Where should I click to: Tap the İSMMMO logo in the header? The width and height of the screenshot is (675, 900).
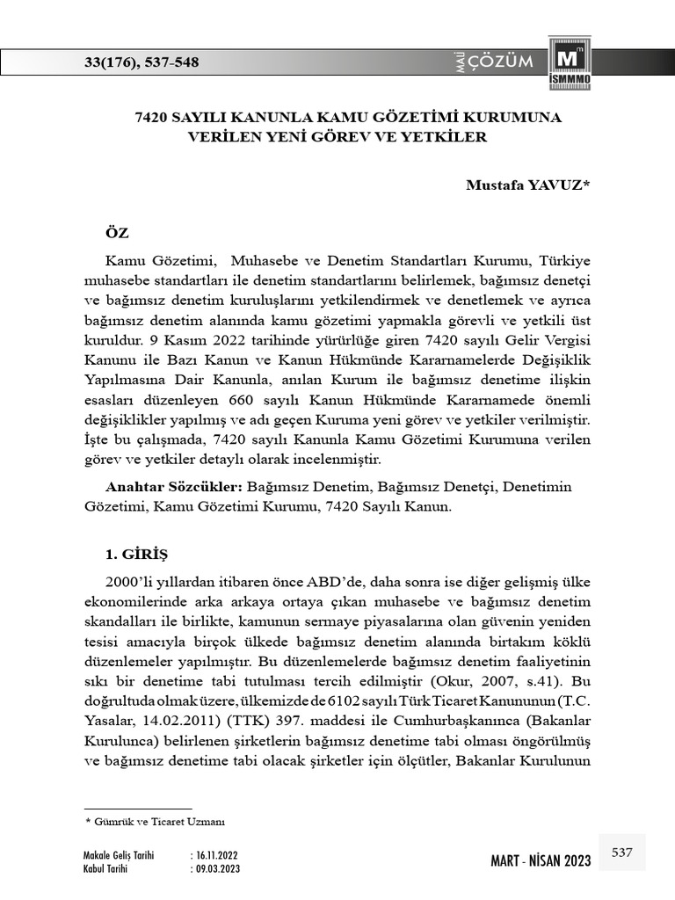tap(570, 65)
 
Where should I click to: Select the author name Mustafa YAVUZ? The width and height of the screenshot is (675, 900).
tap(528, 185)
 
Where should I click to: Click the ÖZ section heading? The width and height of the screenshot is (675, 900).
tap(117, 233)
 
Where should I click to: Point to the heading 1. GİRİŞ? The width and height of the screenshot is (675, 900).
tap(135, 555)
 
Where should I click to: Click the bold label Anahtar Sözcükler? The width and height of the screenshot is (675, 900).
tap(174, 486)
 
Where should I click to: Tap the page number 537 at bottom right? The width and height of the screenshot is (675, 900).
tap(621, 853)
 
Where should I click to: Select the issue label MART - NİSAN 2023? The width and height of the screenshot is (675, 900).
tap(541, 860)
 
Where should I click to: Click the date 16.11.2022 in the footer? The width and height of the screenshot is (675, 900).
tap(216, 855)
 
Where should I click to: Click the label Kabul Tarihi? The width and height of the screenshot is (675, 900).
tap(105, 868)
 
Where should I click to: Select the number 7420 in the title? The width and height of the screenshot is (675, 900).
tap(154, 117)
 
